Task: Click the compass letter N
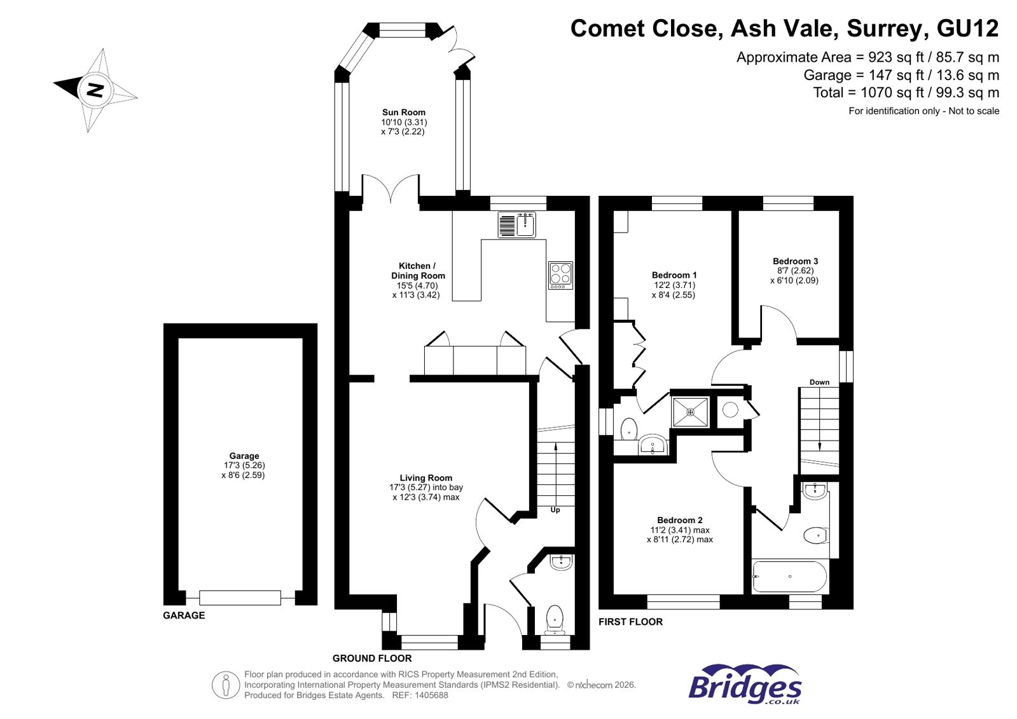tap(95, 90)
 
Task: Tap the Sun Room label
tap(403, 113)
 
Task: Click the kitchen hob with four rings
tap(560, 275)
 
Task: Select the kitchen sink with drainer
tap(516, 225)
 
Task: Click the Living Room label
tap(425, 478)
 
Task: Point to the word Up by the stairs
tap(555, 510)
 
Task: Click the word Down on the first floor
tap(819, 382)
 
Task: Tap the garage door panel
tap(240, 598)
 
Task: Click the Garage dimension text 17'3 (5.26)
tap(244, 465)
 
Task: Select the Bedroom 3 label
tap(795, 261)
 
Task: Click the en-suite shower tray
tap(690, 412)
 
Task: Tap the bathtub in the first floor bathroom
tap(789, 577)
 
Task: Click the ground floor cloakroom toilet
tap(555, 619)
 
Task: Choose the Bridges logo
tap(745, 685)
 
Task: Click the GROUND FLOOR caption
tap(372, 659)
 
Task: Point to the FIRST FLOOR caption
tap(630, 622)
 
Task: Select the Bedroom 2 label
tap(679, 520)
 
